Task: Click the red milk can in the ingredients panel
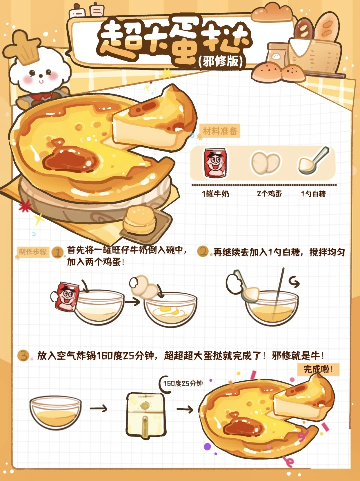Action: click(x=215, y=162)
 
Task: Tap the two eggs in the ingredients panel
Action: click(x=266, y=163)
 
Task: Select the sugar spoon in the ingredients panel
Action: click(x=314, y=161)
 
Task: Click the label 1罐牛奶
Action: click(x=216, y=194)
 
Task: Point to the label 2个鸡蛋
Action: click(x=269, y=193)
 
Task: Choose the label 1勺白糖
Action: click(x=313, y=194)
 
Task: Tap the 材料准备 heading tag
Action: click(x=220, y=131)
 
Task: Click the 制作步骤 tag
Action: click(x=33, y=252)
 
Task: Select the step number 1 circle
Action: click(x=58, y=252)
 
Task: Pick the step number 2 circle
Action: click(x=203, y=252)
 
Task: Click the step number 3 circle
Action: click(x=23, y=355)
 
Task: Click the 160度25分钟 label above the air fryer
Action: click(x=183, y=383)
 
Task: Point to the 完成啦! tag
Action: click(x=318, y=369)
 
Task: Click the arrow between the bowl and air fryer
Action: click(x=98, y=408)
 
